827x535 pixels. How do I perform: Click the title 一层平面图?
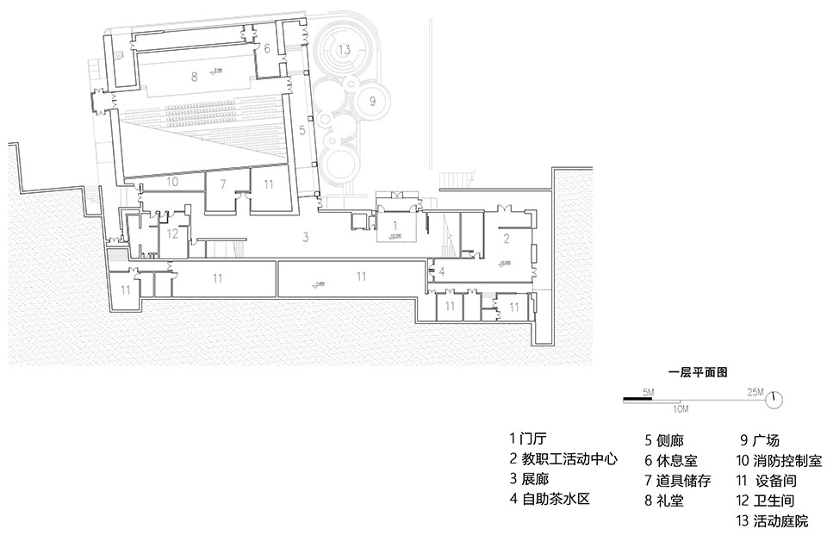[x=699, y=373]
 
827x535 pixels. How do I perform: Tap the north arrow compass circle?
[x=774, y=399]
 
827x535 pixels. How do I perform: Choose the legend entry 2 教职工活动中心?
[x=563, y=459]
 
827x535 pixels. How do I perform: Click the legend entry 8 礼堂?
[x=663, y=500]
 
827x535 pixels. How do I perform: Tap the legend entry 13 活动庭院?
[x=773, y=520]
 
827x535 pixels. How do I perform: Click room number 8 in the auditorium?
[x=195, y=78]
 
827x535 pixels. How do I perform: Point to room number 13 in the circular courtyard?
[x=345, y=50]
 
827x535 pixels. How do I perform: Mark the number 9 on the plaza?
[x=372, y=101]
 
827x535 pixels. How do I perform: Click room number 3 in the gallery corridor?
[x=305, y=236]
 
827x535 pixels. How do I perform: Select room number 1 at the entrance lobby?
[x=395, y=225]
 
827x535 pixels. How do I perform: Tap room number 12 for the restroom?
[x=172, y=233]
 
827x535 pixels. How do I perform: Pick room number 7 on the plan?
[x=222, y=184]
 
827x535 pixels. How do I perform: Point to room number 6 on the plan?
[x=267, y=48]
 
